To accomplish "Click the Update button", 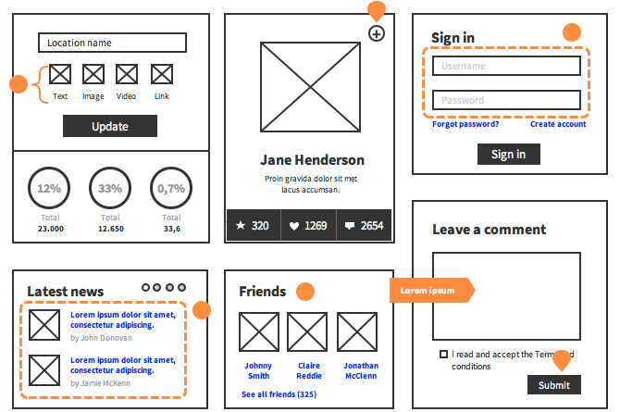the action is [x=110, y=126].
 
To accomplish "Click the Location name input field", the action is [x=112, y=43].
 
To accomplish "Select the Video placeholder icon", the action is [x=127, y=74].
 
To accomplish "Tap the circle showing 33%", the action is [x=110, y=188].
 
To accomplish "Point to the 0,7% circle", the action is [x=171, y=188].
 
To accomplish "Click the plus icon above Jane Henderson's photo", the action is [x=377, y=33].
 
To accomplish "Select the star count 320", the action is [x=253, y=225].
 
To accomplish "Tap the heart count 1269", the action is [x=308, y=225].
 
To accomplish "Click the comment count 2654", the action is [x=364, y=225].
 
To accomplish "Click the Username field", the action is [x=506, y=66].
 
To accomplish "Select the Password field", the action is [x=506, y=100].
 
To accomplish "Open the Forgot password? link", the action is [x=465, y=124].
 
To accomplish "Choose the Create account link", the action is [x=558, y=124].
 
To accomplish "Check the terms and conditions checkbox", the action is [x=443, y=354].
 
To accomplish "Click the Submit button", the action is [x=554, y=385].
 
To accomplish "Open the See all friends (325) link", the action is [x=279, y=394].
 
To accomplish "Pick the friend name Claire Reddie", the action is [x=309, y=370].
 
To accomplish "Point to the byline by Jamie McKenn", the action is [x=101, y=383].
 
